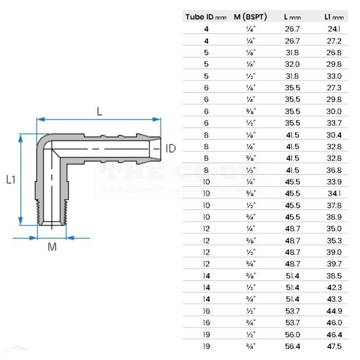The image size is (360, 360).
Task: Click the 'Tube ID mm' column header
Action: pyautogui.click(x=205, y=17)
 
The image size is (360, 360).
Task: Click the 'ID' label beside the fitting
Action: pyautogui.click(x=171, y=149)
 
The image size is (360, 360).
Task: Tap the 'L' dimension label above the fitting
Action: pyautogui.click(x=100, y=111)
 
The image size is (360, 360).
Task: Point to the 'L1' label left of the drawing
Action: pyautogui.click(x=11, y=179)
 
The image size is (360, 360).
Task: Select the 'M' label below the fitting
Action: pyautogui.click(x=52, y=248)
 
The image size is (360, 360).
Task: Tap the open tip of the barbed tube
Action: pyautogui.click(x=157, y=148)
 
